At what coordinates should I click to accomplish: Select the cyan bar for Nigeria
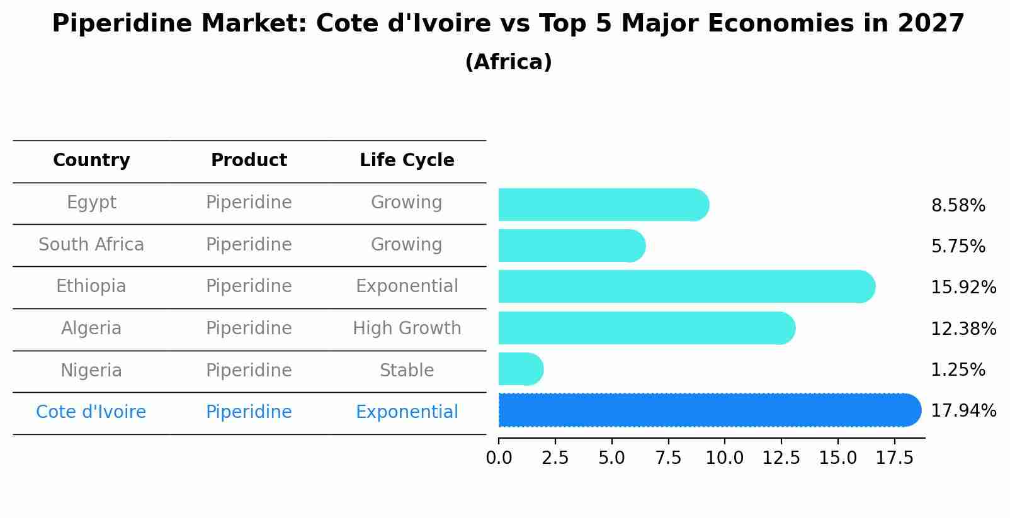pyautogui.click(x=520, y=369)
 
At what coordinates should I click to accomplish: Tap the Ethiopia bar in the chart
pyautogui.click(x=686, y=286)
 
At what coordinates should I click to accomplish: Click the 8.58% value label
pyautogui.click(x=958, y=206)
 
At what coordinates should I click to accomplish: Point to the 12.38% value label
pyautogui.click(x=963, y=329)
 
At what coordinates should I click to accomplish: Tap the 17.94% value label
pyautogui.click(x=963, y=411)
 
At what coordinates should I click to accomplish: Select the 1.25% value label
pyautogui.click(x=958, y=369)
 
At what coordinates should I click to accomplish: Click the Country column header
pyautogui.click(x=91, y=160)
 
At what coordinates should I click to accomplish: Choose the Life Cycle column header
pyautogui.click(x=407, y=160)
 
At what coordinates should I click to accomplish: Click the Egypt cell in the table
pyautogui.click(x=91, y=203)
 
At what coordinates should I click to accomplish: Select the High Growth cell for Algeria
pyautogui.click(x=407, y=329)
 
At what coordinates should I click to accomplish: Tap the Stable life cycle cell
pyautogui.click(x=407, y=370)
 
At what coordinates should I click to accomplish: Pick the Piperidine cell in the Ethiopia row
pyautogui.click(x=249, y=286)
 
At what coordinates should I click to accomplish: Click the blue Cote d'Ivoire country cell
pyautogui.click(x=91, y=412)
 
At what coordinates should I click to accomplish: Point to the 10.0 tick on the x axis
pyautogui.click(x=725, y=458)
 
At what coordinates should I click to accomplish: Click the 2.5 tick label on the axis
pyautogui.click(x=555, y=458)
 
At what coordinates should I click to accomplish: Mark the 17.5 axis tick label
pyautogui.click(x=894, y=458)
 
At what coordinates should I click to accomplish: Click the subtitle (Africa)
pyautogui.click(x=508, y=62)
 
